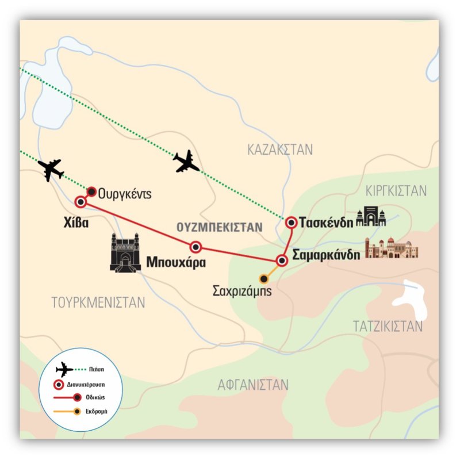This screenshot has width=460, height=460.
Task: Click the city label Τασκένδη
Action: pos(327,223)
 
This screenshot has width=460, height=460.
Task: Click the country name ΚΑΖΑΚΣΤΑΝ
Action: pos(280,151)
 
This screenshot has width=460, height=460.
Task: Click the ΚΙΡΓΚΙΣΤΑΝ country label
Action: pos(396,190)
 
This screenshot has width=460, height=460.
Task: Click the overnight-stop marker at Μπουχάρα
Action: pos(196,247)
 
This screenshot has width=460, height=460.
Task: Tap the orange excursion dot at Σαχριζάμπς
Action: pos(264,279)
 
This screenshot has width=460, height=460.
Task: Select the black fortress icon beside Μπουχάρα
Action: pos(126,253)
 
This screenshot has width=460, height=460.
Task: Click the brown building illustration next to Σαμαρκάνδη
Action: pos(392,248)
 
